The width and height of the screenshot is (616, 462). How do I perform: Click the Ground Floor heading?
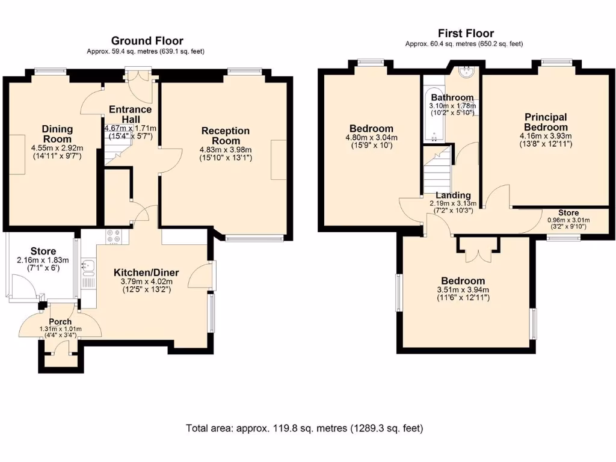[x=147, y=41]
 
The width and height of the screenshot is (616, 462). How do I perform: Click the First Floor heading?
[x=466, y=34]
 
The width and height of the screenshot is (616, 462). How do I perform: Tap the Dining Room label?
[x=57, y=134]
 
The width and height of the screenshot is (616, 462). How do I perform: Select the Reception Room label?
[x=226, y=135]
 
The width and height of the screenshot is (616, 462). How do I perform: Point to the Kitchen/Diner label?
[x=146, y=273]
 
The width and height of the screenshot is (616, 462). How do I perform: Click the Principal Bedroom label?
[x=546, y=122]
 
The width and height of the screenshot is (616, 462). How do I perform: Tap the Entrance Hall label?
[x=131, y=114]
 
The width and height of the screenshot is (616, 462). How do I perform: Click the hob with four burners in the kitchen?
[x=114, y=236]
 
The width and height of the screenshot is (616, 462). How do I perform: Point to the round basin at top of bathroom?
[x=467, y=72]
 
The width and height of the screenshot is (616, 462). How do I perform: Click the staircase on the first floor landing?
[x=437, y=168]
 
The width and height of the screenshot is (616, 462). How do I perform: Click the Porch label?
[x=60, y=322]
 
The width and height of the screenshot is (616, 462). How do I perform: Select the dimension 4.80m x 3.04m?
[x=371, y=138]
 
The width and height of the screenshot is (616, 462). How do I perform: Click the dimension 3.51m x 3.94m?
[x=463, y=290]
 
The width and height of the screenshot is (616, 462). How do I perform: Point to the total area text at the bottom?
[x=304, y=428]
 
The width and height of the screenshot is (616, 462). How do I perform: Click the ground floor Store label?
[x=43, y=251]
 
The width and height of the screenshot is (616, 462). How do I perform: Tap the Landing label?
[x=453, y=196]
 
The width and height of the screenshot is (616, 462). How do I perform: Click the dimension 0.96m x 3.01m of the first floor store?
[x=568, y=220]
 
